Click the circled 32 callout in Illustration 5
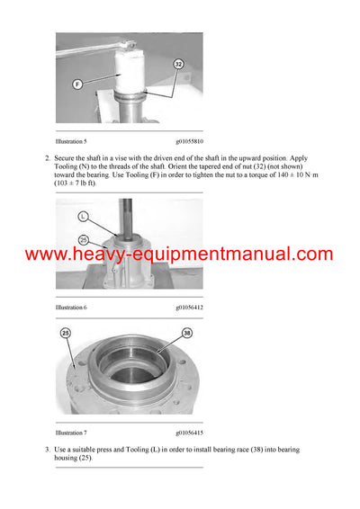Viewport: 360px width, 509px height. click(x=177, y=64)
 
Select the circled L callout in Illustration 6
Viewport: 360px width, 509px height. click(x=83, y=217)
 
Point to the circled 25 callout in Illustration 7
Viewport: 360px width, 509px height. click(x=66, y=334)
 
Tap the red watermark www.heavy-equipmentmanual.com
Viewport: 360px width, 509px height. click(x=179, y=254)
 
